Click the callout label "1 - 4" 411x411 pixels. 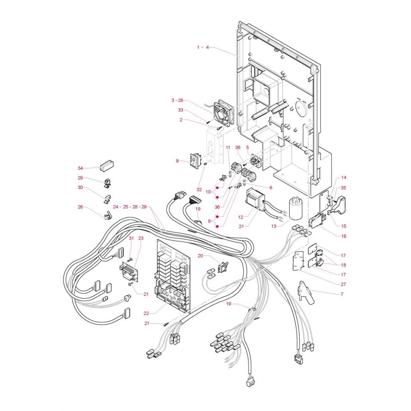(203, 48)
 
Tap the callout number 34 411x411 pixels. (80, 168)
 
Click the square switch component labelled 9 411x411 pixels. (194, 161)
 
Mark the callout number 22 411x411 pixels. (146, 312)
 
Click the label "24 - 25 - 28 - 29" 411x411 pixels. (130, 207)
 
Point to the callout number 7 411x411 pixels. (342, 294)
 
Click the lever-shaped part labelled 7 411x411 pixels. (305, 292)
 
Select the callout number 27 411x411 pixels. (342, 284)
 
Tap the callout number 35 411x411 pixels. (343, 188)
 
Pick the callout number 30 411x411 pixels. (80, 188)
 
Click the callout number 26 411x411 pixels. (80, 207)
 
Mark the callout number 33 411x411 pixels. (180, 110)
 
